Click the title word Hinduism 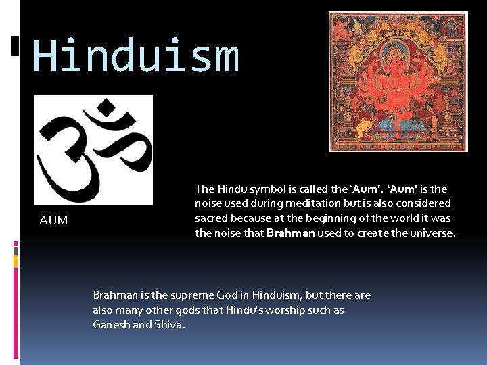136,56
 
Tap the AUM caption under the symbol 53,220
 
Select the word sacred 211,218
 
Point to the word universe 433,233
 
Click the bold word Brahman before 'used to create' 291,233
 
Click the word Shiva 169,325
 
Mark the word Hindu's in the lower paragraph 252,310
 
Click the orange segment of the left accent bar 16,260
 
